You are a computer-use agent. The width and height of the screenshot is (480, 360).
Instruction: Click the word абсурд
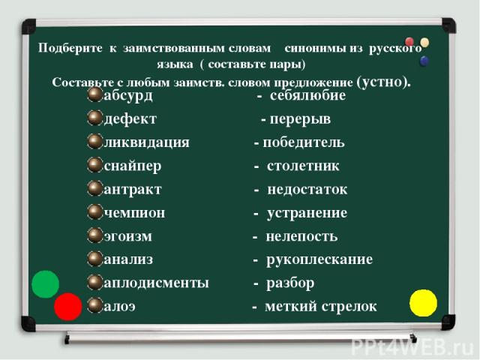click(x=128, y=96)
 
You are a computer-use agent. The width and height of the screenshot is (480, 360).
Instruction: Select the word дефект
click(x=130, y=119)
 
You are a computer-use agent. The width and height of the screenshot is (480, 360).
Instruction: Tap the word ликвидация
click(x=147, y=142)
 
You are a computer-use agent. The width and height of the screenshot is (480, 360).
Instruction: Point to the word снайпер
click(x=132, y=166)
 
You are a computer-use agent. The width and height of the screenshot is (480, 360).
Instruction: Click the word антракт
click(x=133, y=190)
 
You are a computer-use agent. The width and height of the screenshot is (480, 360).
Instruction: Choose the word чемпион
click(x=134, y=213)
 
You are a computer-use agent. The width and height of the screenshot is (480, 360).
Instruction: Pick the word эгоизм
click(x=127, y=237)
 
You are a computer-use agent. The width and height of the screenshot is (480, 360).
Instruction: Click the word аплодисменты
click(x=157, y=283)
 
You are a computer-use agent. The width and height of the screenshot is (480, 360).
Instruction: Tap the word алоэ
click(x=119, y=307)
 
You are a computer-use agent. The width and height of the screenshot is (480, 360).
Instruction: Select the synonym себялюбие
click(x=307, y=95)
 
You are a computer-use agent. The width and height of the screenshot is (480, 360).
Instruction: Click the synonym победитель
click(x=304, y=142)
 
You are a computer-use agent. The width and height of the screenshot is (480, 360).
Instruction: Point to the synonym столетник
click(x=303, y=166)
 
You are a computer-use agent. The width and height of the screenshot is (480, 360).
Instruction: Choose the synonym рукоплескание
click(x=319, y=260)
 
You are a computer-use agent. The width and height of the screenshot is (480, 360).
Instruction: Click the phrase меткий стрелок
click(x=321, y=307)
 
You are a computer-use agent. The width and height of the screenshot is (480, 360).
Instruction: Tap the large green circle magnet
click(x=45, y=284)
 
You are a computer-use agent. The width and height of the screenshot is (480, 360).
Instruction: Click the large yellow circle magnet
click(x=423, y=303)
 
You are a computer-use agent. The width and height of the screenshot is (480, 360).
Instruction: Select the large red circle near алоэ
click(x=68, y=307)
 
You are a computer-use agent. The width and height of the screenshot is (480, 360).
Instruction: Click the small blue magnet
click(x=424, y=61)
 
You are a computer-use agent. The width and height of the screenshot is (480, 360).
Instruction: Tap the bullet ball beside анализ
click(x=95, y=259)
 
